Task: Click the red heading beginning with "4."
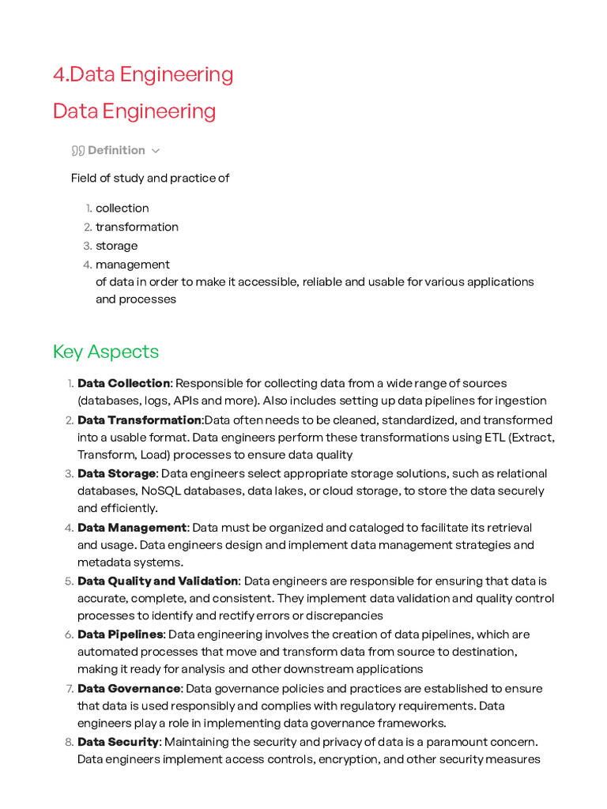[143, 74]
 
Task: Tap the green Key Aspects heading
[106, 352]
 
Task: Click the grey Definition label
[116, 150]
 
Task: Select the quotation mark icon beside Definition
[77, 150]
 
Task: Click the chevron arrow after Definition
[156, 151]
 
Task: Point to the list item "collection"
[122, 208]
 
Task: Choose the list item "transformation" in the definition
[137, 227]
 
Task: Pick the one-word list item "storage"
[116, 246]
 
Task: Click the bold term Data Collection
[123, 383]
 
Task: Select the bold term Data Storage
[116, 473]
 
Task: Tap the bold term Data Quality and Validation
[157, 581]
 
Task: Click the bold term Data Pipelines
[120, 634]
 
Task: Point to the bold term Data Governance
[129, 688]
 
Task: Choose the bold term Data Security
[119, 742]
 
